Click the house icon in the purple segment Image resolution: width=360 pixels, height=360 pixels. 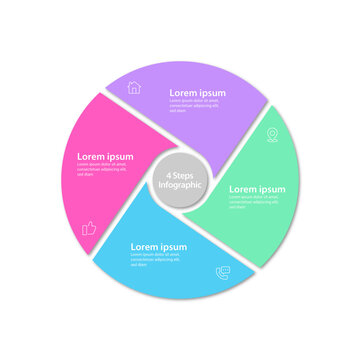coord(134,87)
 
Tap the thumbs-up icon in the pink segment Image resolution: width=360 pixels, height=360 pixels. coord(88,229)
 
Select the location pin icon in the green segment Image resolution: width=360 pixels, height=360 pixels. coord(271,134)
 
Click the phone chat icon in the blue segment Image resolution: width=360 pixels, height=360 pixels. coord(222,271)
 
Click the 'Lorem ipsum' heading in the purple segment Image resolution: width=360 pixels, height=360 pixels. coord(197,92)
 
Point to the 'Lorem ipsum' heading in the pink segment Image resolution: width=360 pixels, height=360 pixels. coord(106,156)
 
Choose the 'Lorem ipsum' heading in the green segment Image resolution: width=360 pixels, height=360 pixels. coord(257,189)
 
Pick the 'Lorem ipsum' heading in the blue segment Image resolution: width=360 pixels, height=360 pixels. coord(159,246)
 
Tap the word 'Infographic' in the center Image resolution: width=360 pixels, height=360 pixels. coord(180,185)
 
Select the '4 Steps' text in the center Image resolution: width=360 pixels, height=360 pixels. coord(180,175)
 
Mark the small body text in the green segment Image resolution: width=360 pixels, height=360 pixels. coord(254,202)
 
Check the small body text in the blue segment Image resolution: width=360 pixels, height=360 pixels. coord(156,260)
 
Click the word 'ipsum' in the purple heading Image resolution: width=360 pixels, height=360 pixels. coord(212,92)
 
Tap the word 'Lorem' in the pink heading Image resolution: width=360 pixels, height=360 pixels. coord(92,156)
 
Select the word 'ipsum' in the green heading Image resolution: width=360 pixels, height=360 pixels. coord(272,189)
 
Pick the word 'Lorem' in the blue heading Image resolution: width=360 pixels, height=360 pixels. coord(145,246)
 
